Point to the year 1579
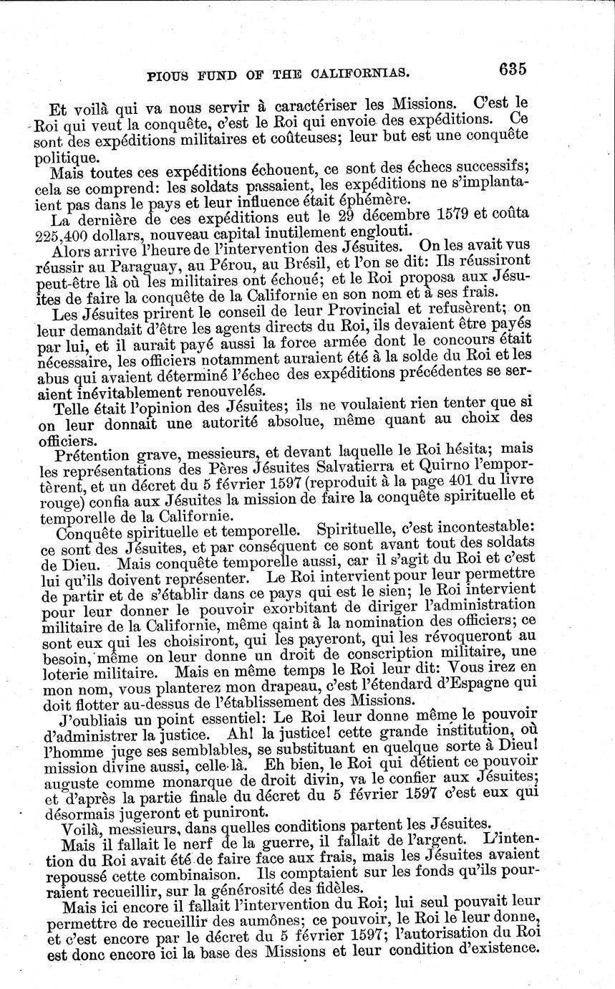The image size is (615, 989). coord(434,215)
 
